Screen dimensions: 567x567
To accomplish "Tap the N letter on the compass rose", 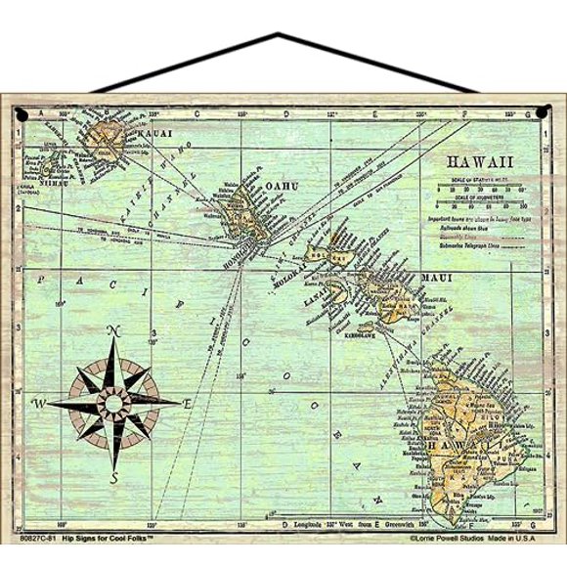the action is (112, 331).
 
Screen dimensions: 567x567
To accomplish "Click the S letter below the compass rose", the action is (114, 478).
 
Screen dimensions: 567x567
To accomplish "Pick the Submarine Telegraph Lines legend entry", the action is (479, 248).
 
